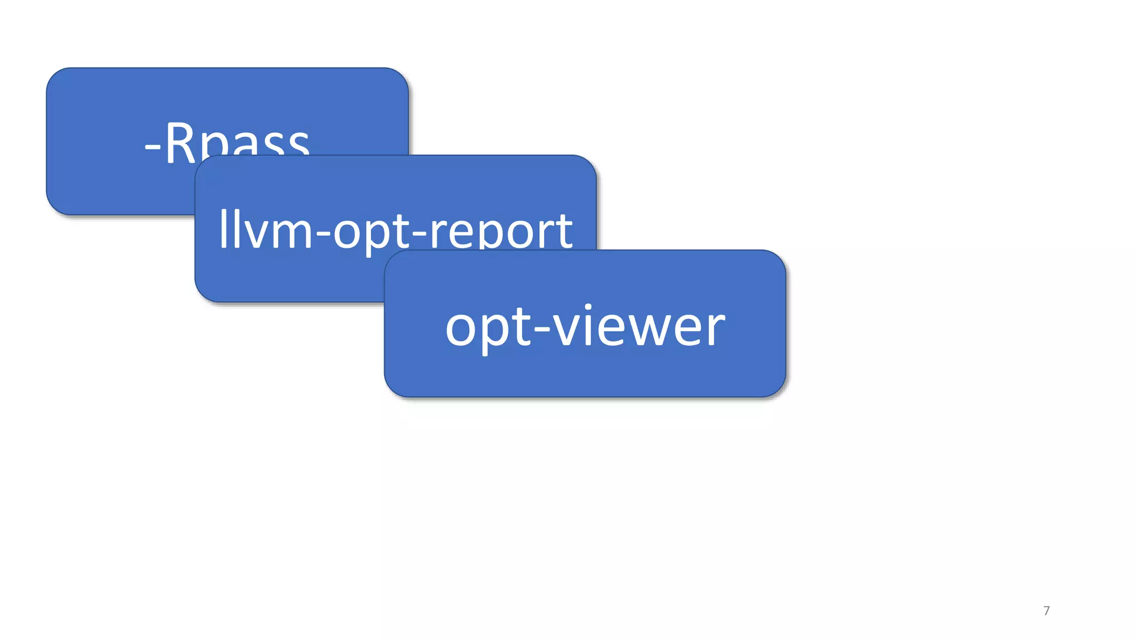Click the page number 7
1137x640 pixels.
pos(1047,611)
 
